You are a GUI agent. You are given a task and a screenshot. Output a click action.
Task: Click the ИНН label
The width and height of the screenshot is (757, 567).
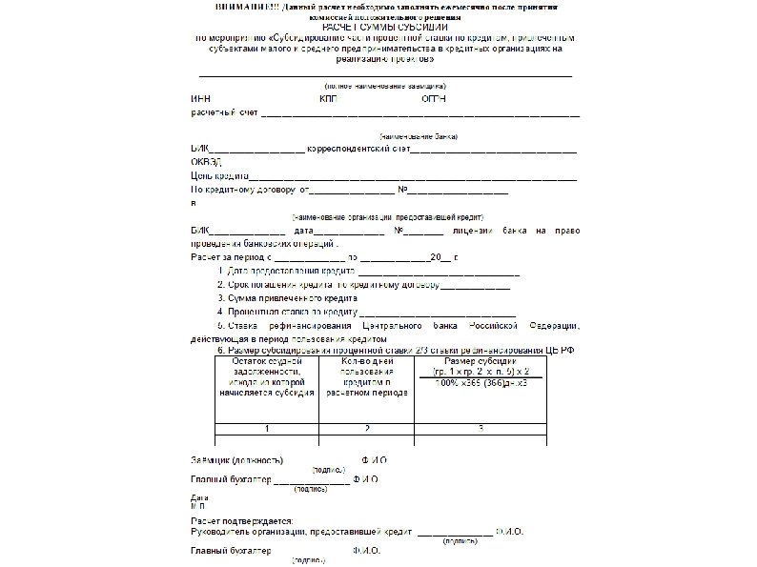(200, 99)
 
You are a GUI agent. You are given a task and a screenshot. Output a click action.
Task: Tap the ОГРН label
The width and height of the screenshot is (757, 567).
(433, 99)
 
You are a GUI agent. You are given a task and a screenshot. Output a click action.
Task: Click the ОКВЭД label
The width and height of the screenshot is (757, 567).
(207, 163)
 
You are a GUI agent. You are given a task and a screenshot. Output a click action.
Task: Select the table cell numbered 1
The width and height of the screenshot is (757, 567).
(267, 428)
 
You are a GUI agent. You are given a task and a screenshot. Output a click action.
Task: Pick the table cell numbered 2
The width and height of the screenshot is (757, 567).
(367, 428)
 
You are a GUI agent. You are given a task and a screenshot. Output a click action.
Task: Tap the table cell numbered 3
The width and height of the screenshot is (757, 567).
(481, 428)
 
